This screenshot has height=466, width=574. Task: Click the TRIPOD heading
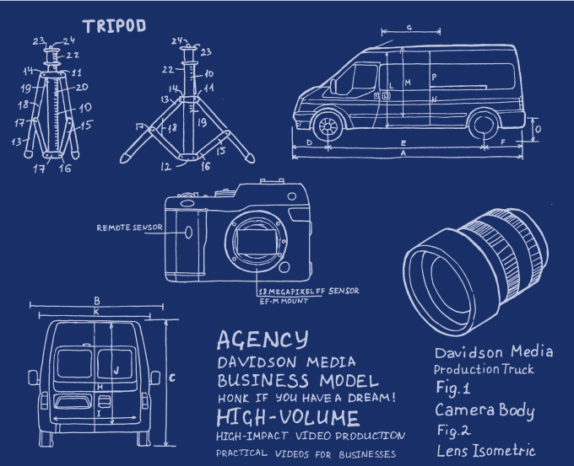(x=115, y=25)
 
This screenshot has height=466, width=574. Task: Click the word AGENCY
(x=262, y=340)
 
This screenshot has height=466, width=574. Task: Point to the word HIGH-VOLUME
(x=287, y=418)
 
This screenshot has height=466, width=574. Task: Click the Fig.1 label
(x=457, y=390)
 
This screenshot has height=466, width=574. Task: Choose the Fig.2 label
(x=457, y=431)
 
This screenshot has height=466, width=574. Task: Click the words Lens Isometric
(x=485, y=451)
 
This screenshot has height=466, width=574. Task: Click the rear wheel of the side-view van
(x=483, y=126)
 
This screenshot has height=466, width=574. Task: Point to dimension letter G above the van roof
(x=409, y=28)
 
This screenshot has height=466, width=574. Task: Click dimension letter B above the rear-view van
(x=97, y=300)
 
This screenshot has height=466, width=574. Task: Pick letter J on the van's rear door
(x=116, y=369)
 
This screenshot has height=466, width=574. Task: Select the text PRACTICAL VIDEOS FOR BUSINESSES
(x=306, y=453)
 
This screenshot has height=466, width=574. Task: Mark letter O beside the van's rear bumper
(x=537, y=128)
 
